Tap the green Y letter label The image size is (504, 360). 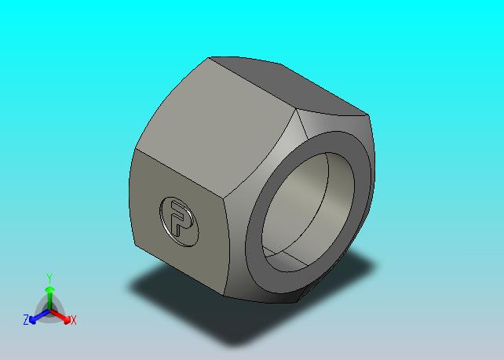click(x=49, y=278)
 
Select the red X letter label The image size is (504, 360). click(x=74, y=320)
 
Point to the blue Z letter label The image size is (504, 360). click(x=26, y=320)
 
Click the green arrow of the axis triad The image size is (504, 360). click(x=49, y=299)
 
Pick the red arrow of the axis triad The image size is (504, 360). click(x=60, y=316)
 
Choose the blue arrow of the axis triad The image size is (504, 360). click(x=39, y=316)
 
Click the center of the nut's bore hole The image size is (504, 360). click(x=308, y=212)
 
